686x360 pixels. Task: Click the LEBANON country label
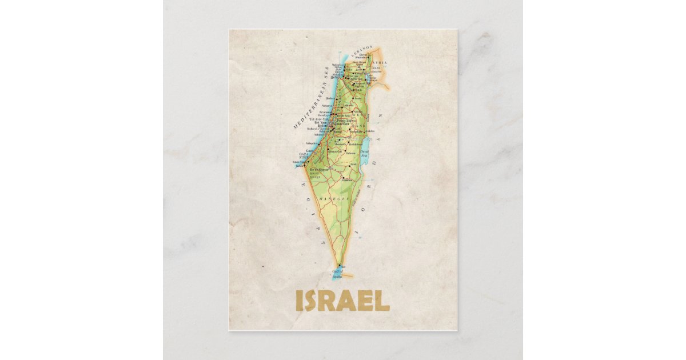pyautogui.click(x=362, y=51)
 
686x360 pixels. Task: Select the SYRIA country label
pyautogui.click(x=380, y=62)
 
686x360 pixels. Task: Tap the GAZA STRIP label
pyautogui.click(x=304, y=155)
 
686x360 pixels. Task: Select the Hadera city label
pyautogui.click(x=331, y=98)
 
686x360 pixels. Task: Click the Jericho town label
pyautogui.click(x=370, y=131)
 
